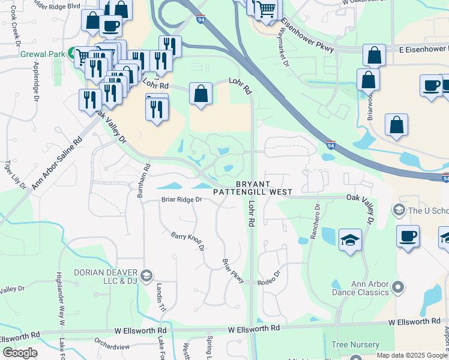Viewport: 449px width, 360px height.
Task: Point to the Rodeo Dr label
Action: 269,274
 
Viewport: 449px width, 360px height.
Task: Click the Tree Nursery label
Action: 355,345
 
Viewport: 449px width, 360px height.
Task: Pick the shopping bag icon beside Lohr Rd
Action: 201,94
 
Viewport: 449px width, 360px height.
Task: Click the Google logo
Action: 20,353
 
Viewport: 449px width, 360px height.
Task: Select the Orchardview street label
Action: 112,347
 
